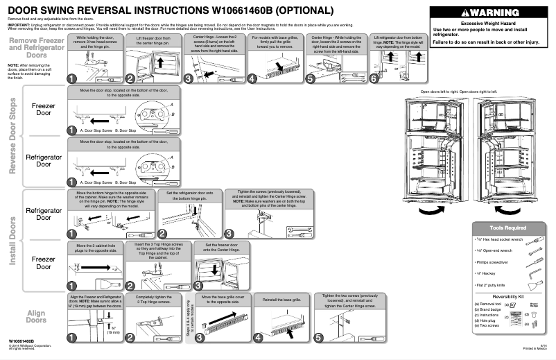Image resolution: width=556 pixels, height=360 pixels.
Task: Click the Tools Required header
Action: [507, 228]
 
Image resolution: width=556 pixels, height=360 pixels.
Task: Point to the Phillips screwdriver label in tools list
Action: [494, 263]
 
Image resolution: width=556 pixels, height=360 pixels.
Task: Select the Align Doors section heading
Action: [36, 316]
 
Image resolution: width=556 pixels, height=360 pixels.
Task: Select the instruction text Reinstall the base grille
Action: [277, 299]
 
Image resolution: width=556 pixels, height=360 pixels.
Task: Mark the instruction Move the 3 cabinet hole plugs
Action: [95, 248]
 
